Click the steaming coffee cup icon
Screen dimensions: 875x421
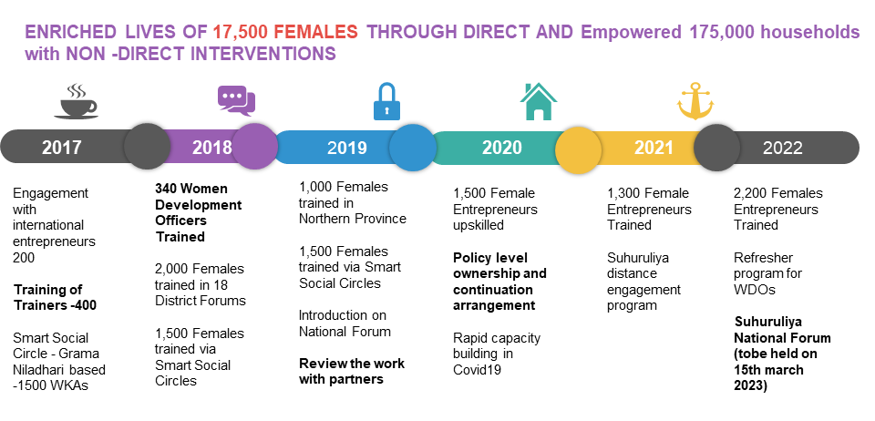(76, 101)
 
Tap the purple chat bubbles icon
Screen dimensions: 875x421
(236, 101)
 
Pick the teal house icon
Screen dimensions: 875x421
(538, 101)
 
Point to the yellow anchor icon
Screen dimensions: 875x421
(695, 102)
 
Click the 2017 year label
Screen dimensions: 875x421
(61, 148)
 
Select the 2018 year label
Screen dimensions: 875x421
(212, 148)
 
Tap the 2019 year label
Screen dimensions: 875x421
(347, 148)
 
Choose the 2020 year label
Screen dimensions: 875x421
(501, 148)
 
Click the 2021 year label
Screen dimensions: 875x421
(654, 148)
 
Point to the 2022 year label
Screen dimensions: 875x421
(783, 148)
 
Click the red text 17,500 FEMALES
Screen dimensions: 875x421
(284, 32)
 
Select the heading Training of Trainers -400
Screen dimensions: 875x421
(56, 297)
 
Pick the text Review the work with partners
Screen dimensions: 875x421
(352, 372)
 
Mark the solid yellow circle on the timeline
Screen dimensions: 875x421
(578, 148)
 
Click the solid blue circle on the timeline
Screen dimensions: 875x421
(412, 148)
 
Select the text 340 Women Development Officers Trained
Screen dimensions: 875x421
(198, 212)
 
